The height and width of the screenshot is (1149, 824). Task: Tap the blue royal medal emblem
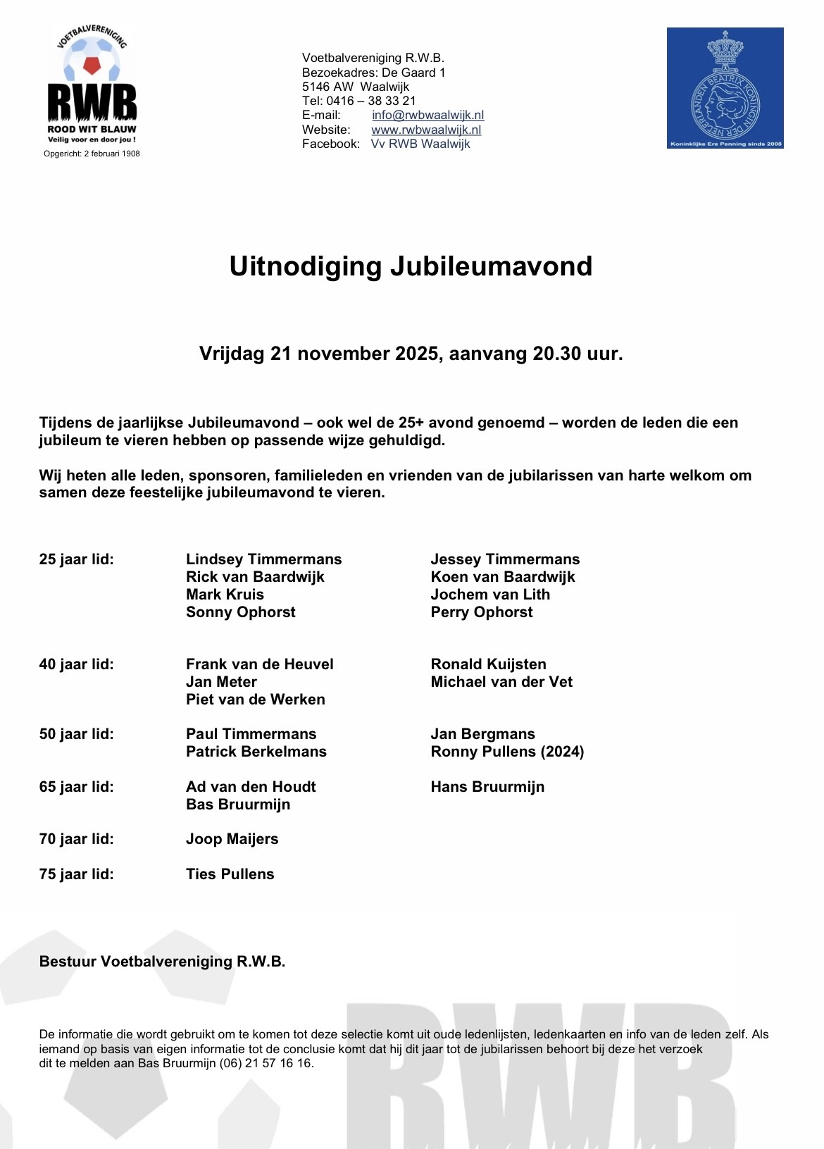click(x=725, y=88)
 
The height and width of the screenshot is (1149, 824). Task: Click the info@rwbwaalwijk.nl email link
click(x=427, y=115)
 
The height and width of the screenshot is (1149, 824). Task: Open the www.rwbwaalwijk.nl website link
click(x=426, y=130)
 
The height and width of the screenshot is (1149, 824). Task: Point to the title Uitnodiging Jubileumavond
click(x=411, y=266)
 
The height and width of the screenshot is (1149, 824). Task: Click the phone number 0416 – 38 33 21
click(x=371, y=101)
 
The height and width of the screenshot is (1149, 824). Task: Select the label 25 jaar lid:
click(x=76, y=559)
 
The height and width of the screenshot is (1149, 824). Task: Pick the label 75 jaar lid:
click(x=76, y=874)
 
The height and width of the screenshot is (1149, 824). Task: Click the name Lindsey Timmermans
click(x=263, y=559)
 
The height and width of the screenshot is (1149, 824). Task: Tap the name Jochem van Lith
click(x=490, y=595)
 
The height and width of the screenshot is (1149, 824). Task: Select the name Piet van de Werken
click(x=255, y=700)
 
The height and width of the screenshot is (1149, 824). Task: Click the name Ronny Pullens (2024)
click(x=507, y=752)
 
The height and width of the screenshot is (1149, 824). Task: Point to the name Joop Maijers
click(x=232, y=839)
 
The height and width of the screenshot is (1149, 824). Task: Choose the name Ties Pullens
click(x=230, y=874)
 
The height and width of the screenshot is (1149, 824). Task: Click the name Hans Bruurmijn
click(x=487, y=787)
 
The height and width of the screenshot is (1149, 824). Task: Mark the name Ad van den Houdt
click(x=251, y=787)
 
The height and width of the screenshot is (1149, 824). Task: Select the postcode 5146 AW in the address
click(x=327, y=87)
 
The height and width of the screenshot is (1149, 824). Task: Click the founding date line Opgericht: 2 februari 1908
click(x=92, y=154)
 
